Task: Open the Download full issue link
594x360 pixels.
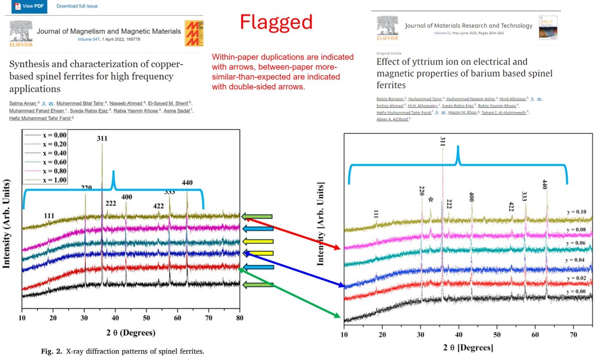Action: coord(77,6)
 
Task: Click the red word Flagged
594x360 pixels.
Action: coord(277,22)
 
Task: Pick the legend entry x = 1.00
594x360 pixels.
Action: coord(55,181)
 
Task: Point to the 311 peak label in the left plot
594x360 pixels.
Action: coord(102,139)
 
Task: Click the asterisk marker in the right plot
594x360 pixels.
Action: coord(430,200)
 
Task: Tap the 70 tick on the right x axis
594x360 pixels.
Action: coord(573,334)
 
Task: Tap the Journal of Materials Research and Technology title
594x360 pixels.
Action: coord(468,26)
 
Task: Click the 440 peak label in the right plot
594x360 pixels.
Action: coord(545,185)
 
